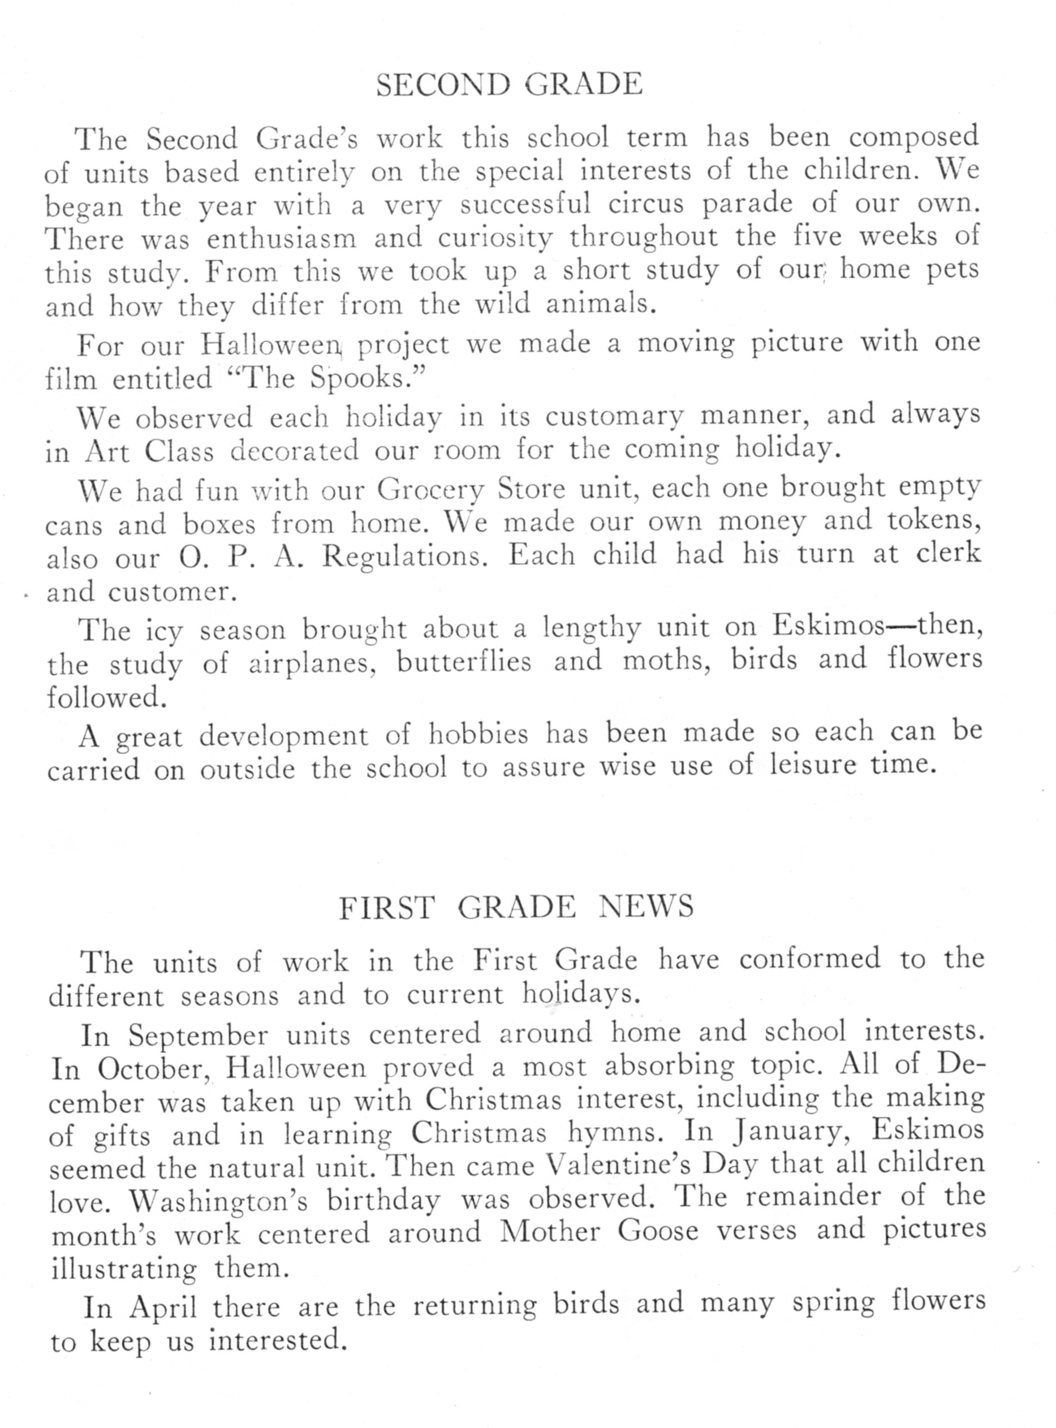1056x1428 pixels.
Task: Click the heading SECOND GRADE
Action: point(510,84)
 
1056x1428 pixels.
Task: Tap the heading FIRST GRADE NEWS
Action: point(516,907)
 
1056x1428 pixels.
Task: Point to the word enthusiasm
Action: point(282,239)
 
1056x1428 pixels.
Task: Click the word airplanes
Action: point(311,663)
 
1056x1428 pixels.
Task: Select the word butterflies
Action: point(464,662)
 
